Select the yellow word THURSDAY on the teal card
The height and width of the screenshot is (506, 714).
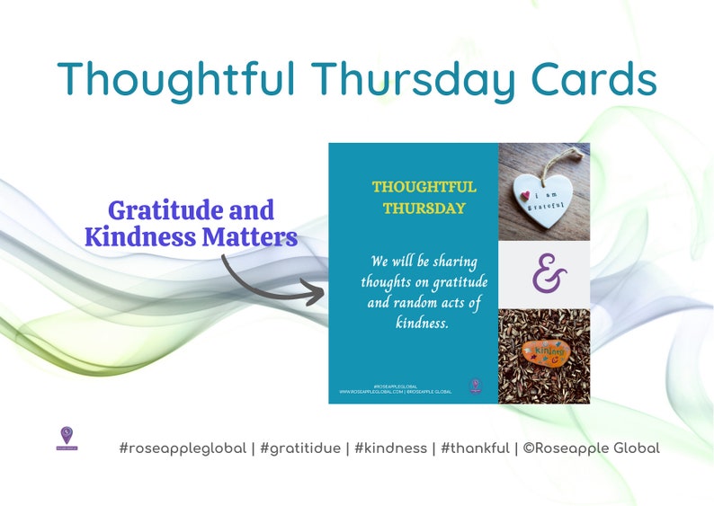click(424, 209)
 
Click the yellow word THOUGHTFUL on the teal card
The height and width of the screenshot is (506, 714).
click(424, 187)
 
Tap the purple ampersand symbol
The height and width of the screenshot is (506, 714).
click(545, 275)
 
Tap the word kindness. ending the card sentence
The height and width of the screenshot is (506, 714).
click(422, 324)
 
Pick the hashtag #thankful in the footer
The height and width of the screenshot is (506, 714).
click(474, 448)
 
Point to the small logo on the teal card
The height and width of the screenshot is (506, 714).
click(476, 386)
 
